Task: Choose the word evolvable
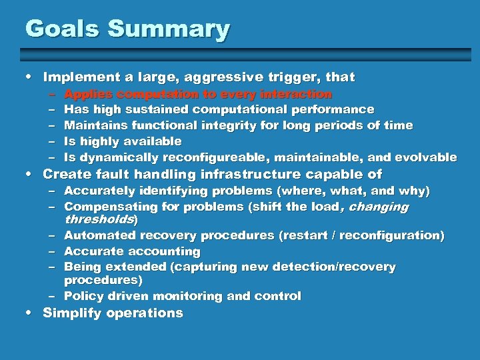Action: click(425, 157)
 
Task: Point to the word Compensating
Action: click(107, 207)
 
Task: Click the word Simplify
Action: click(71, 313)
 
